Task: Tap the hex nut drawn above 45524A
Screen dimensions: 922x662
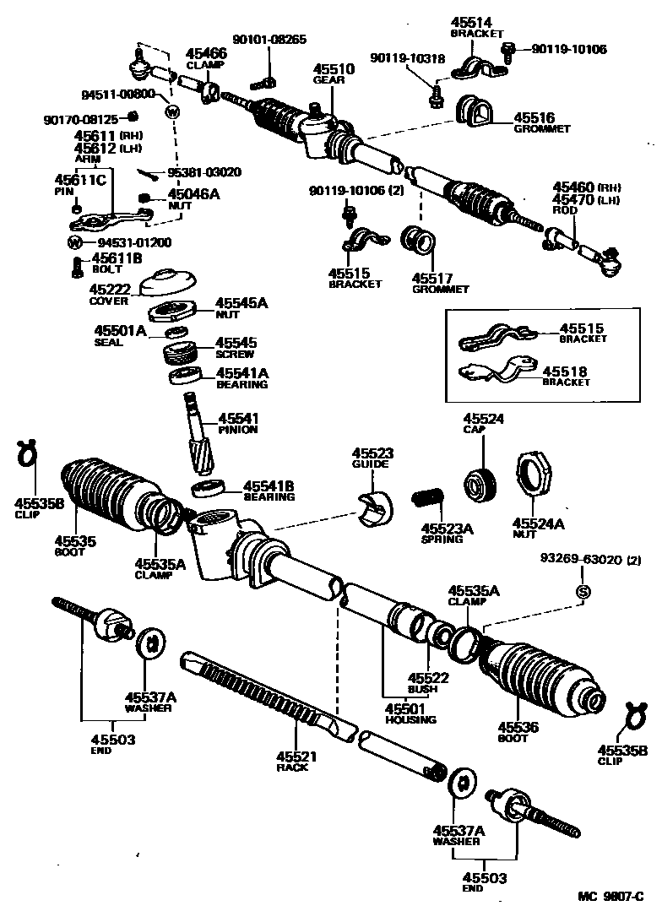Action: point(534,479)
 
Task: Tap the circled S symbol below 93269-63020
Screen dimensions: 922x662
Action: point(582,591)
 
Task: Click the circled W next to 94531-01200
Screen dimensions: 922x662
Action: point(74,242)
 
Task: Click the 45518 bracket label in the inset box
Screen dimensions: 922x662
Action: point(565,372)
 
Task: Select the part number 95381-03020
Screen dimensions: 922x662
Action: point(203,172)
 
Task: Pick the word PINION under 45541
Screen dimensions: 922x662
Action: point(238,430)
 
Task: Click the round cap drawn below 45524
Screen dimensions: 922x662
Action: point(480,483)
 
